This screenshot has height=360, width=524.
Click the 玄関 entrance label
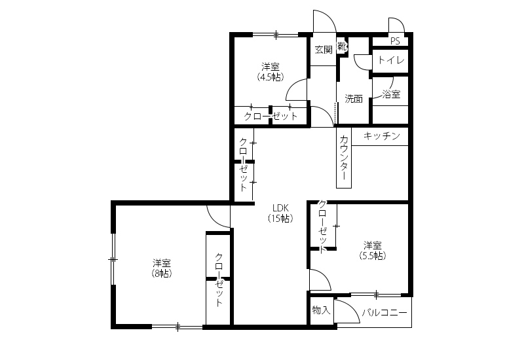pos(324,50)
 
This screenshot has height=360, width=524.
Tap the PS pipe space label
pos(395,41)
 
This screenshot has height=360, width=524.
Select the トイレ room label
pos(391,60)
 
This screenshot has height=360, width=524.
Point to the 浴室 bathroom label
pos(391,94)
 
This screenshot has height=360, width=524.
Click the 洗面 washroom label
pos(354,99)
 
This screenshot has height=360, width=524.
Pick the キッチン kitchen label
pos(381,136)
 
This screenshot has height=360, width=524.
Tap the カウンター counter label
pos(343,157)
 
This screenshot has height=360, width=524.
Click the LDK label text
pos(280,208)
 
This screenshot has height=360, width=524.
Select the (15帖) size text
pos(280,219)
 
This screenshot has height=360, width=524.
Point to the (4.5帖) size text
pos(271,77)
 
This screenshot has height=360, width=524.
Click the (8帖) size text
pos(162,273)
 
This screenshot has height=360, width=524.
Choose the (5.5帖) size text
pos(373,255)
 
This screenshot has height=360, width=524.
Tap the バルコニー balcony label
pos(384,313)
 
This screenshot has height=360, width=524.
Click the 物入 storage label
pos(321,310)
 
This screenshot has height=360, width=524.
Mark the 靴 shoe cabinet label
pos(341,46)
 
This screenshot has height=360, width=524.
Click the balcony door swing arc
pos(352,307)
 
